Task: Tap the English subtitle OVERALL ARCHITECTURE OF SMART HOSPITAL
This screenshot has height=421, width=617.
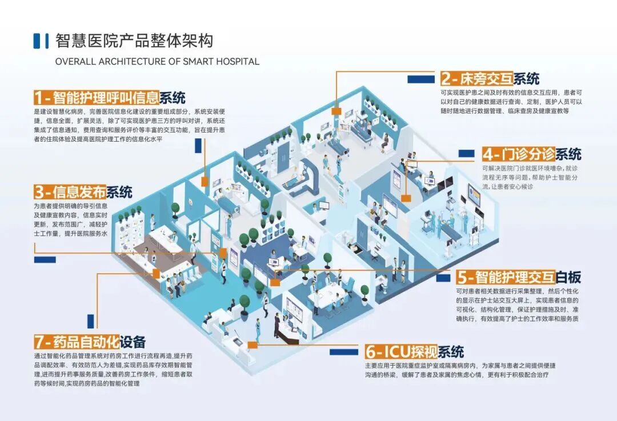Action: (157, 62)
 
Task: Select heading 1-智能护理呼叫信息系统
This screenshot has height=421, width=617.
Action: (110, 97)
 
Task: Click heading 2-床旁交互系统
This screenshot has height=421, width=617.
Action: (490, 79)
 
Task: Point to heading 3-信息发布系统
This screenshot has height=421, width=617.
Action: (83, 191)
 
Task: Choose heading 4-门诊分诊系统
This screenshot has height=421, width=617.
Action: (531, 154)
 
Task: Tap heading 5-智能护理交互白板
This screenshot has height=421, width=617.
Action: (519, 278)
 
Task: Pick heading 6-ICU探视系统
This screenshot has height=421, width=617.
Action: (414, 351)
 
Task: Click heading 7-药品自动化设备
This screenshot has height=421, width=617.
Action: (90, 342)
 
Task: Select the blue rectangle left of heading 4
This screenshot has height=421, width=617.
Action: (466, 154)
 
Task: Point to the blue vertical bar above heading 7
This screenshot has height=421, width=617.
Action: (90, 321)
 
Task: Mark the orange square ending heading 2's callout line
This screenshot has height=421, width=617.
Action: (336, 111)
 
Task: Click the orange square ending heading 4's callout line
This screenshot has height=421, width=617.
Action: (406, 198)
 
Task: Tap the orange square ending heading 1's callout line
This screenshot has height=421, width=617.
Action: (205, 182)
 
